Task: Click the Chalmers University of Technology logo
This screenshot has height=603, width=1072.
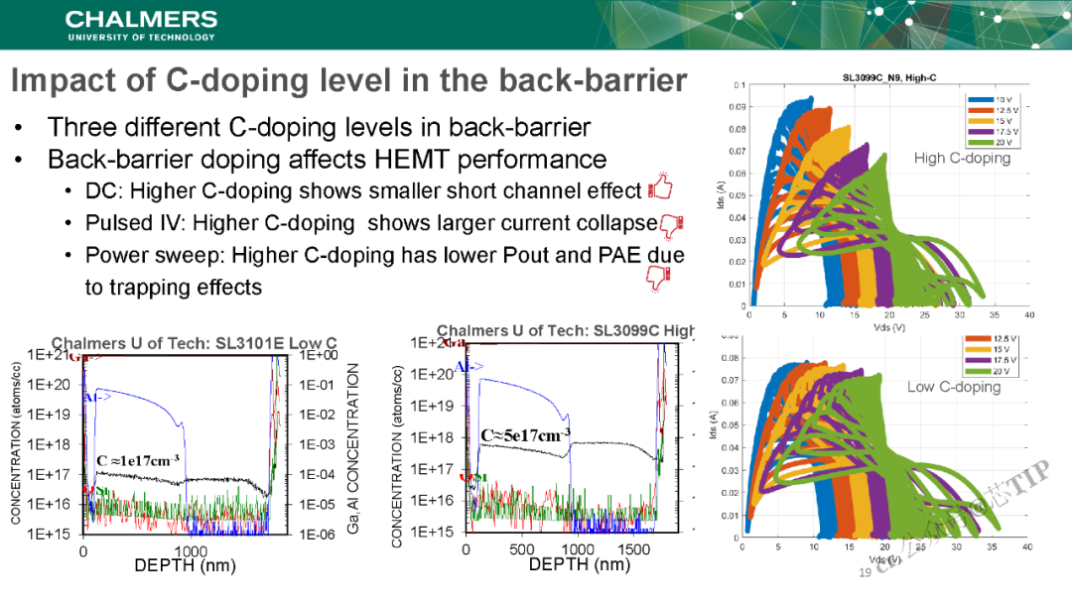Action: pyautogui.click(x=140, y=25)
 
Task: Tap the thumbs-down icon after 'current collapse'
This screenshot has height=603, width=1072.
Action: pyautogui.click(x=672, y=224)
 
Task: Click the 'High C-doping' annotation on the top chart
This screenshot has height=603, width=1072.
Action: pyautogui.click(x=962, y=158)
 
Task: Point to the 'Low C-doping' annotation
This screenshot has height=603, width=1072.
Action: pyautogui.click(x=953, y=387)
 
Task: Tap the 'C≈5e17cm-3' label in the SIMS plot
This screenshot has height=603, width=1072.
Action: pyautogui.click(x=525, y=434)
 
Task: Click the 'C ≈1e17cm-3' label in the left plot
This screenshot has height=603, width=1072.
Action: pyautogui.click(x=138, y=460)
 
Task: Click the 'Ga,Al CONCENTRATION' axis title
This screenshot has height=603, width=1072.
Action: pyautogui.click(x=353, y=447)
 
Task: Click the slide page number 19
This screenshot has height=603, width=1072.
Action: pyautogui.click(x=864, y=572)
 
